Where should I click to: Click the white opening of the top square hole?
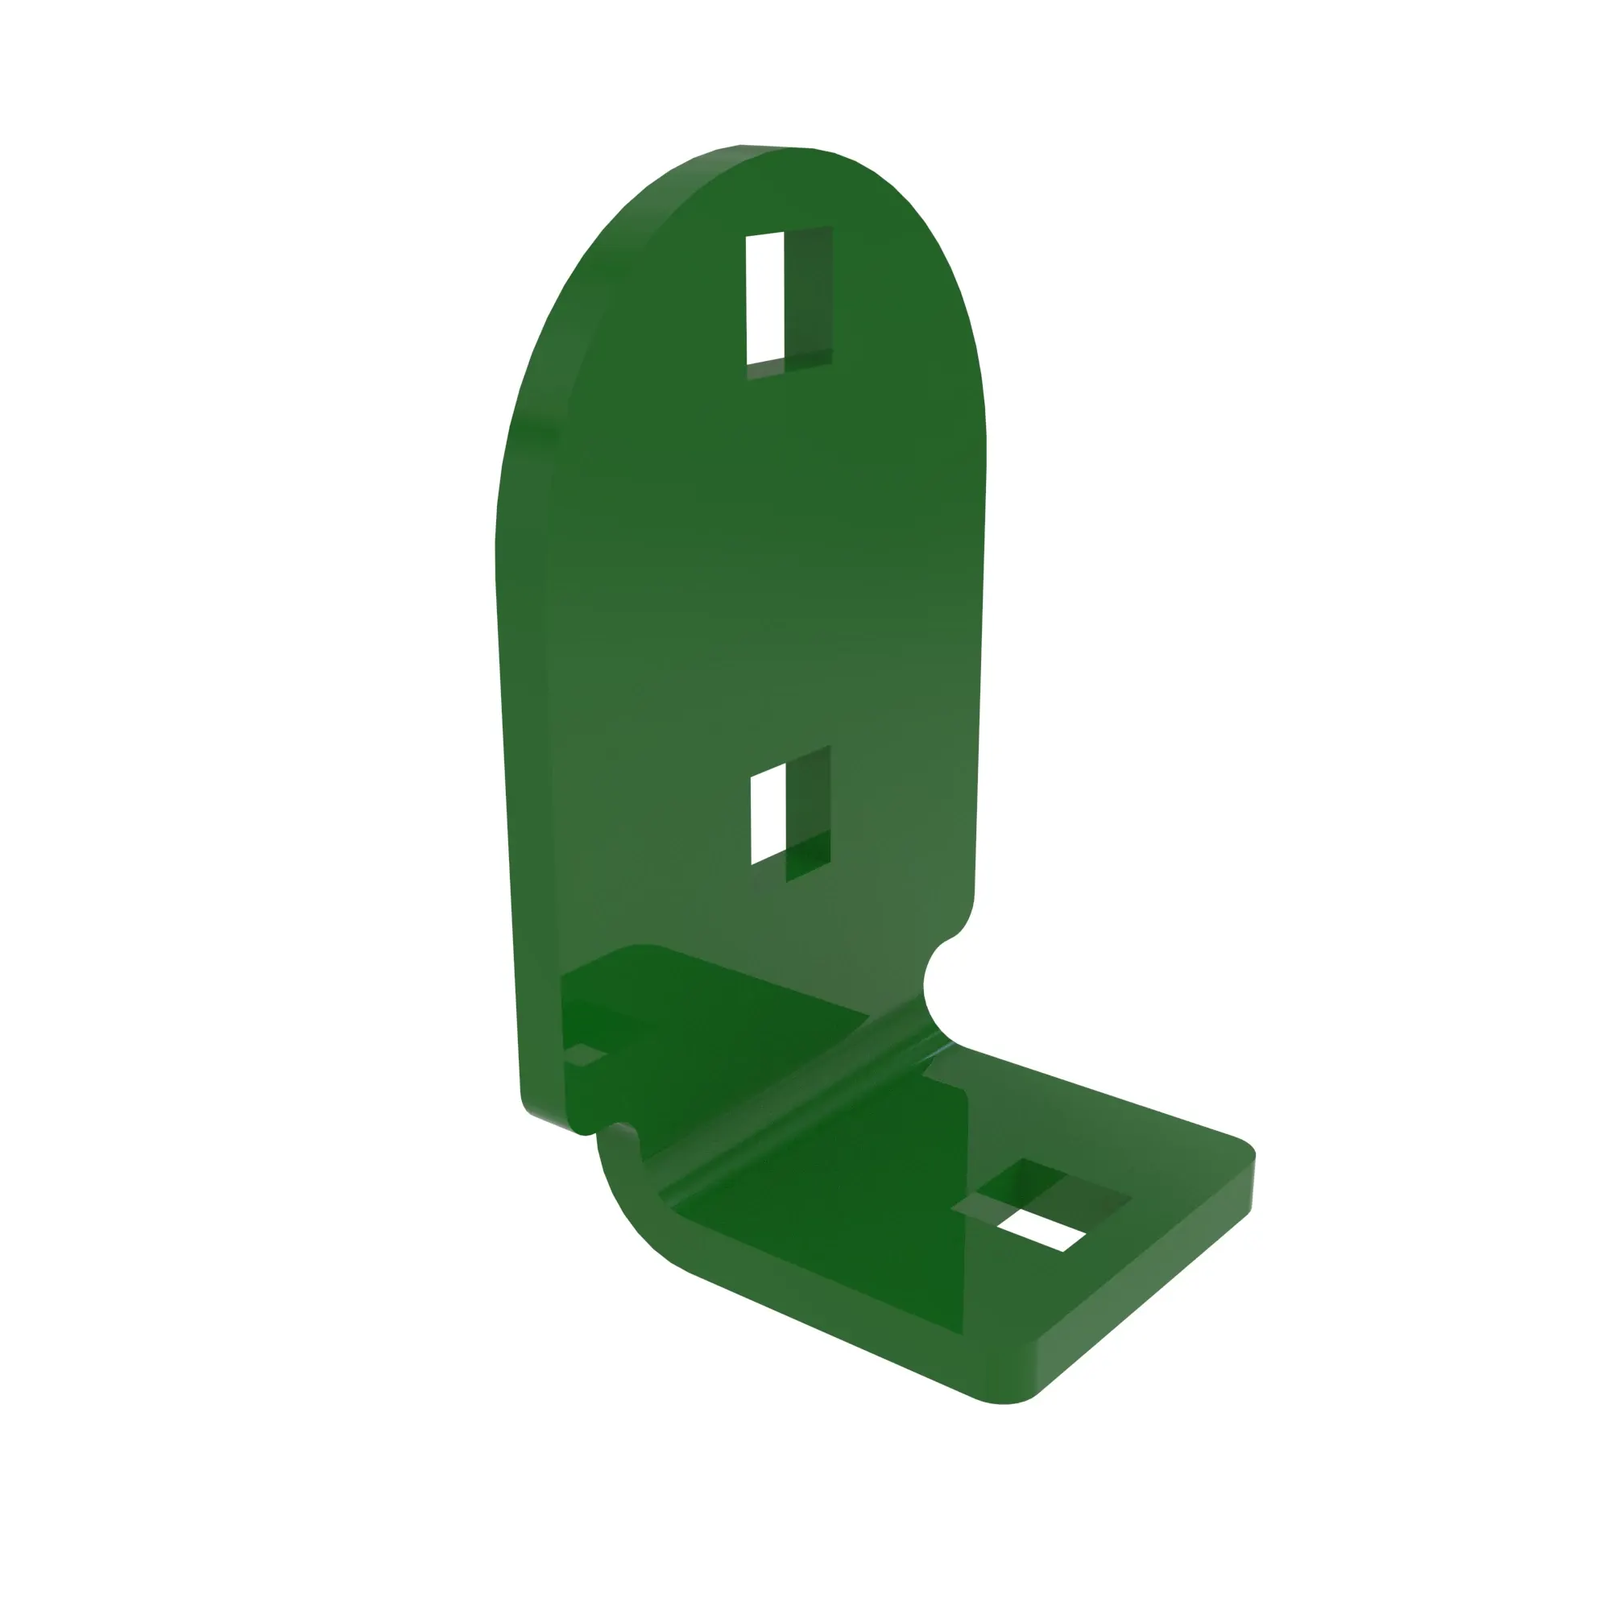click(x=764, y=299)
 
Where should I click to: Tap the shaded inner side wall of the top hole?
click(x=808, y=292)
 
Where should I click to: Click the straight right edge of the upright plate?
click(x=980, y=667)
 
